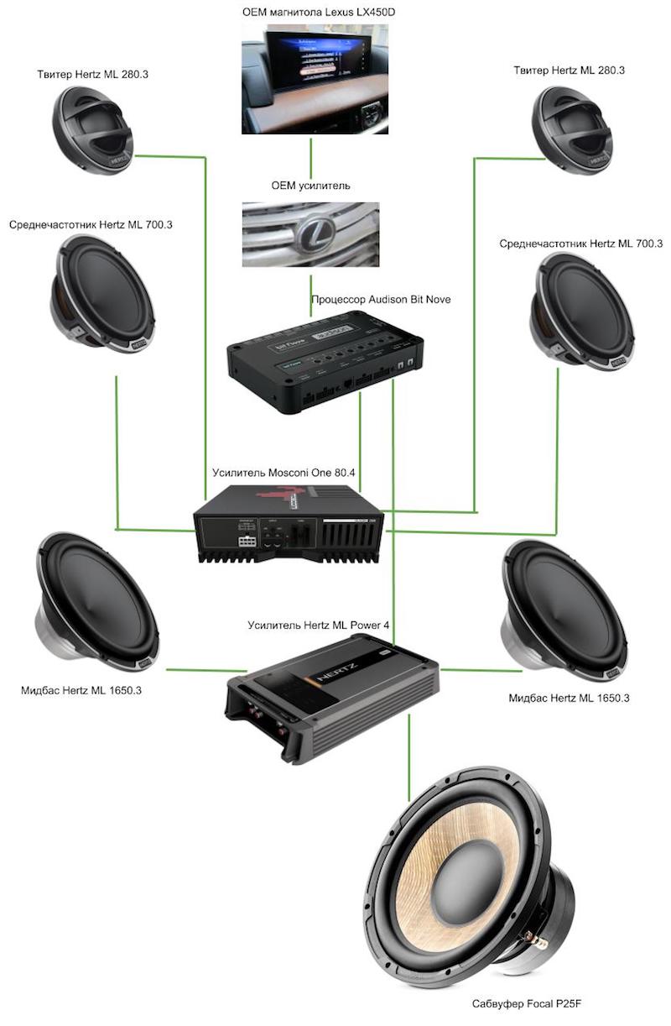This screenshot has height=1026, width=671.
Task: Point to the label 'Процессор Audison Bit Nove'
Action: pyautogui.click(x=369, y=299)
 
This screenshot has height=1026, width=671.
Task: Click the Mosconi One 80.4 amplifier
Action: pyautogui.click(x=289, y=526)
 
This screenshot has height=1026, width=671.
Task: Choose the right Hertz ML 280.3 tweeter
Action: pyautogui.click(x=575, y=129)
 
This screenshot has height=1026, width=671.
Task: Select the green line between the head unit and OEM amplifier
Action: pyautogui.click(x=311, y=155)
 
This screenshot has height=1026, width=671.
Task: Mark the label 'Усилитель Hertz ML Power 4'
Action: pyautogui.click(x=319, y=625)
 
